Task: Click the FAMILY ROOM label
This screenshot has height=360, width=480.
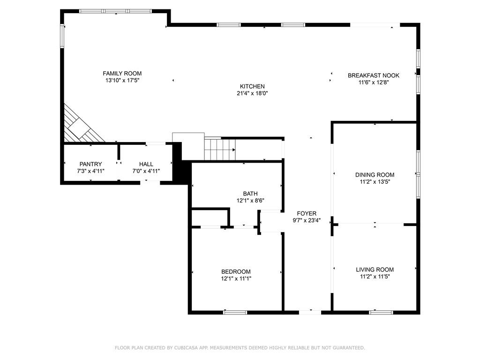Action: [x=122, y=74]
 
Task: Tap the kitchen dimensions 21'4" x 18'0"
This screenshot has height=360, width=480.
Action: [x=252, y=93]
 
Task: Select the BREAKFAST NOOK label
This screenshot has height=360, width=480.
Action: [x=373, y=75]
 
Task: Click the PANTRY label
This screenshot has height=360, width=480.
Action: [x=90, y=164]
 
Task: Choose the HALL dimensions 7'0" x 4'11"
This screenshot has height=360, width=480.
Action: [x=146, y=171]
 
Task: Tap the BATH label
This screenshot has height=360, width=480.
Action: [x=250, y=194]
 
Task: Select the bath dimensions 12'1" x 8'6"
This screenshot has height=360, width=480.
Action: [x=250, y=201]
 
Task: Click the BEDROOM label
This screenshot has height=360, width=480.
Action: [x=236, y=271]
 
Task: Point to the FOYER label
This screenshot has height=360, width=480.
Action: [x=307, y=213]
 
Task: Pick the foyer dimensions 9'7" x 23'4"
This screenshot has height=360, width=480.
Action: [x=307, y=220]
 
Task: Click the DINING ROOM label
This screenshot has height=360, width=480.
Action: [x=375, y=175]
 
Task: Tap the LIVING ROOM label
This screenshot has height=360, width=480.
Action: [x=375, y=270]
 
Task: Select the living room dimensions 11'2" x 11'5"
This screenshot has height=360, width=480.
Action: [x=375, y=277]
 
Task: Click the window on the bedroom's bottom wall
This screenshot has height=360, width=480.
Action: [x=235, y=312]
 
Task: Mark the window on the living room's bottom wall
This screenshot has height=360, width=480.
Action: [x=381, y=312]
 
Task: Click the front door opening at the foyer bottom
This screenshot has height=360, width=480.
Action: [x=310, y=312]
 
